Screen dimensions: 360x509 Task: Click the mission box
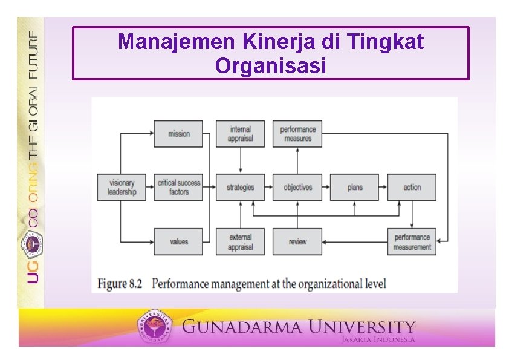[x=178, y=134]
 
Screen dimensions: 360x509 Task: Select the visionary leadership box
[x=122, y=187]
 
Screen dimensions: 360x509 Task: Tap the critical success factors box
[x=178, y=187]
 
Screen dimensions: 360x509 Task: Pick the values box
[x=178, y=241]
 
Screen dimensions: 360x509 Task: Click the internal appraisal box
[x=241, y=134]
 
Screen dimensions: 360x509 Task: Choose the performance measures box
[x=297, y=134]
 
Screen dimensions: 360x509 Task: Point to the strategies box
[x=241, y=187]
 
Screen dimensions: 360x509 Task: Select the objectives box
[x=297, y=187]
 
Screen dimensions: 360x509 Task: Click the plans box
[x=355, y=187]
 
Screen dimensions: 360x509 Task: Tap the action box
[x=412, y=187]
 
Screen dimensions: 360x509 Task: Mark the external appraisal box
[x=241, y=241]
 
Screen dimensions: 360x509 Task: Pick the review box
[x=297, y=241]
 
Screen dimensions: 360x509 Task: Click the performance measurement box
[x=412, y=241]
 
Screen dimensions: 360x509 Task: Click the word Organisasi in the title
[x=270, y=65]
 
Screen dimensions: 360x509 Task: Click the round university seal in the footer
[x=157, y=327]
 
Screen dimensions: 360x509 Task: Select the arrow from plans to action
[x=383, y=187]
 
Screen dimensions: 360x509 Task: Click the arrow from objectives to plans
[x=326, y=187]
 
